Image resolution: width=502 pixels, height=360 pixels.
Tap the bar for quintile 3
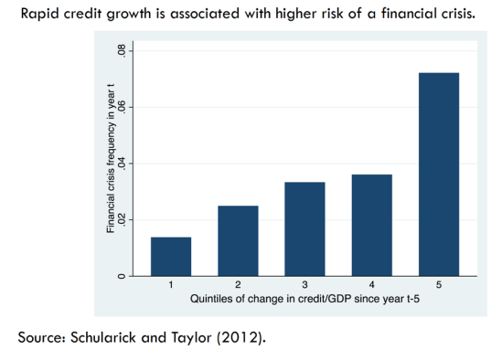pyautogui.click(x=304, y=228)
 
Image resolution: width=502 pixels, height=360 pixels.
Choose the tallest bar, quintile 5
pyautogui.click(x=438, y=174)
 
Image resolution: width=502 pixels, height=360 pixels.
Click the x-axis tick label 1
pyautogui.click(x=171, y=286)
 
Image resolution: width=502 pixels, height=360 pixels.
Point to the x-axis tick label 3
pyautogui.click(x=304, y=286)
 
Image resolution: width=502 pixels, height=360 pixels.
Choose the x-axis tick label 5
pyautogui.click(x=438, y=286)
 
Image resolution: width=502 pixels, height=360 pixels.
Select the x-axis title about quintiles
pyautogui.click(x=304, y=299)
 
